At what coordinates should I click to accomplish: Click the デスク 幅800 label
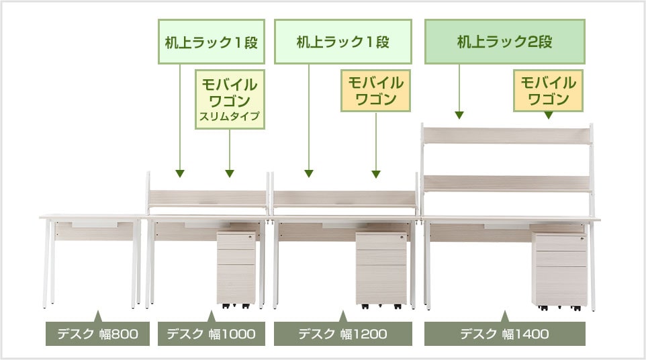pos(97,334)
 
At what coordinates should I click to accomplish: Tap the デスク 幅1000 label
pos(211,334)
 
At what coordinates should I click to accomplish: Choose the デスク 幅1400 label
pos(504,334)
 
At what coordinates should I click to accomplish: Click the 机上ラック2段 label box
pos(505,42)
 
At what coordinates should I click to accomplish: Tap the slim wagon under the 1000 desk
pos(237,268)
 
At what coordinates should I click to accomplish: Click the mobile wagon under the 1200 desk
pos(381,268)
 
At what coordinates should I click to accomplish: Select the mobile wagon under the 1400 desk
pos(559,269)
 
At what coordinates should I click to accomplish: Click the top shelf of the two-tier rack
pos(506,135)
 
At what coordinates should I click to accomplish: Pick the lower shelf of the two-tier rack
pos(506,183)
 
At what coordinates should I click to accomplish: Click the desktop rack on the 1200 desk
pos(344,197)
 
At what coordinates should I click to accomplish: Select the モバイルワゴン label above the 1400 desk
pos(548,91)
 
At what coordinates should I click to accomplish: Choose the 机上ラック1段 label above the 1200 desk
pos(343,42)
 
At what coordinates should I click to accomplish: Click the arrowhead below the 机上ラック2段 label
pos(460,115)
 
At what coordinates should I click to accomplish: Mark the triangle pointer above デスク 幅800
pos(98,315)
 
